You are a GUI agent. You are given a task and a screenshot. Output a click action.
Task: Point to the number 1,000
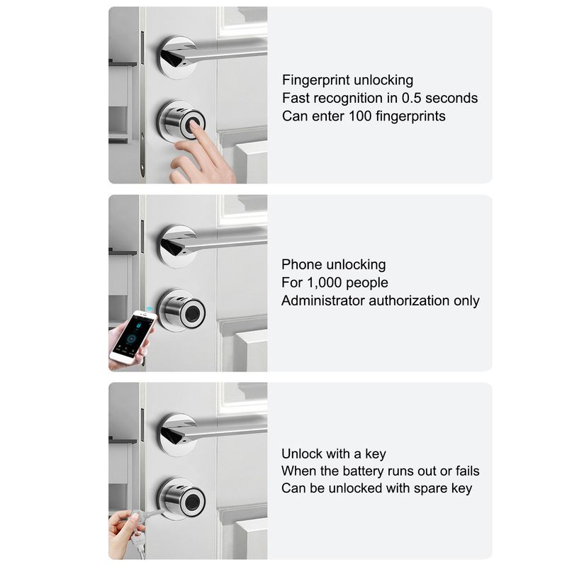(x=325, y=282)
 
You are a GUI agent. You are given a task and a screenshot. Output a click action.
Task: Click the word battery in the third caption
(x=363, y=471)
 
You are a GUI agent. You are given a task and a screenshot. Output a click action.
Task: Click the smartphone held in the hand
(x=133, y=336)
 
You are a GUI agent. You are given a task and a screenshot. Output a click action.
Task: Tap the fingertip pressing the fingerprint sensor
(x=194, y=125)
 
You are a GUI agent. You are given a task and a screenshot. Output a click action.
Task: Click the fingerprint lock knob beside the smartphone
(x=181, y=310)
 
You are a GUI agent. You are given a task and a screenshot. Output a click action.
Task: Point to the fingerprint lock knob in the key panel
(x=181, y=500)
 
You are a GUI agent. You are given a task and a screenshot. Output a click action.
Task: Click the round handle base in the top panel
(x=176, y=57)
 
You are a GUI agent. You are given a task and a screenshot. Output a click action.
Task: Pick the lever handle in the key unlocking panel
(x=214, y=430)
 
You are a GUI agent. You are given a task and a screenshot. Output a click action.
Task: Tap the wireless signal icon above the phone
(x=150, y=309)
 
